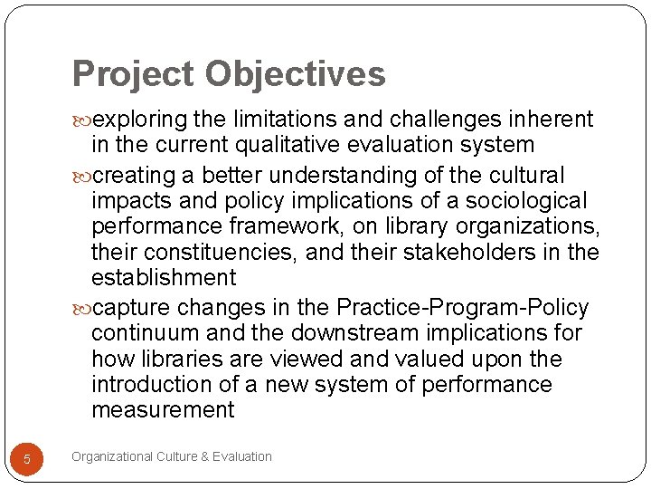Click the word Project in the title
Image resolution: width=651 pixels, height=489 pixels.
(134, 74)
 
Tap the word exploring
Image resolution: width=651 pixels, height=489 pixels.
(139, 120)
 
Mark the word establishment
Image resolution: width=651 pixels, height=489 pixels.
(164, 277)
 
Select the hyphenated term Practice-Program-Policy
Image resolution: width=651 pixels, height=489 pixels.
(461, 308)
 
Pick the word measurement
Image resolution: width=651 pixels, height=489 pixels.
(163, 410)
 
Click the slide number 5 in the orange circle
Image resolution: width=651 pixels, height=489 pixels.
(27, 459)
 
